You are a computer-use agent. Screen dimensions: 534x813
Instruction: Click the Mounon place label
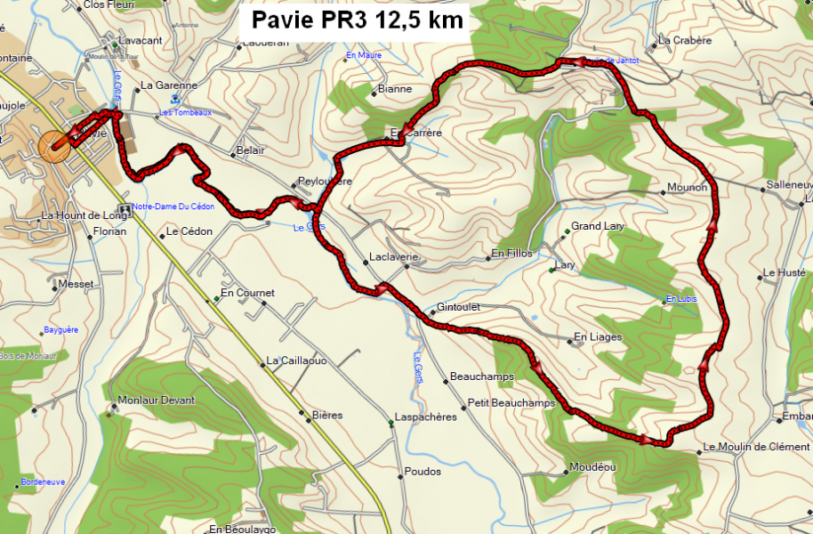coord(687,188)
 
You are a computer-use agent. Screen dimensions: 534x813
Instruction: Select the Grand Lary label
coord(598,226)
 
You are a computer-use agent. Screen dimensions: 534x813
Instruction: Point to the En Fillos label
coord(511,254)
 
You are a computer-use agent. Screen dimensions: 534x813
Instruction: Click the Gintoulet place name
coord(459,307)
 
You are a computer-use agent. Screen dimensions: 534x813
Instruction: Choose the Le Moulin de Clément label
coord(756,447)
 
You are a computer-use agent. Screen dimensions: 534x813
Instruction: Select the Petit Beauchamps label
coord(511,402)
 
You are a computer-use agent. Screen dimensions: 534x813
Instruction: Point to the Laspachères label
coord(426,417)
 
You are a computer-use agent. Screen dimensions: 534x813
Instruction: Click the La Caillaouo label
coord(297,360)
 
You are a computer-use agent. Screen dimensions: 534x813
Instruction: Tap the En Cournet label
coord(247,293)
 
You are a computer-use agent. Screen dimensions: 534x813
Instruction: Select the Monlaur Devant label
coord(156,400)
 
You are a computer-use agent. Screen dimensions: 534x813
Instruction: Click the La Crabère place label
coord(685,40)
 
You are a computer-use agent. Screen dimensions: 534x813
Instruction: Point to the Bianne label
coord(395,89)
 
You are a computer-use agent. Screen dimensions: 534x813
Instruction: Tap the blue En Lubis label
coord(681,298)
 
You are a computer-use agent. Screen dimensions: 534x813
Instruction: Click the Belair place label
coord(251,150)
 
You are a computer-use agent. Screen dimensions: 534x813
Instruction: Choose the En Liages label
coord(598,337)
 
